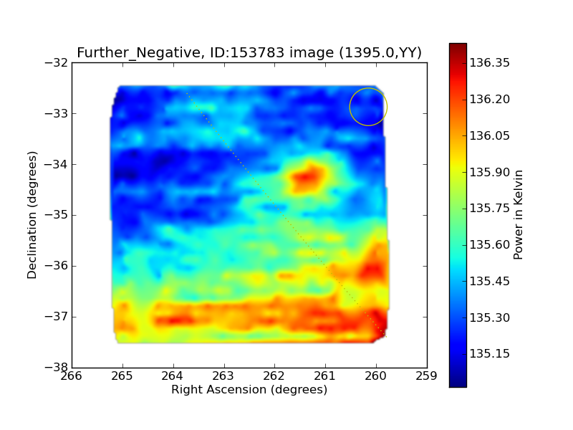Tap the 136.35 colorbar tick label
tap(489, 63)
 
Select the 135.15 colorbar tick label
tap(489, 353)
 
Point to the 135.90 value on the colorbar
tap(489, 172)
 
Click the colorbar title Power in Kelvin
tap(518, 215)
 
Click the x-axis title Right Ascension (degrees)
tap(249, 389)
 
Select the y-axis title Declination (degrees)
tap(32, 215)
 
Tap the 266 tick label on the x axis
tap(72, 376)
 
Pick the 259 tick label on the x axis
tap(426, 376)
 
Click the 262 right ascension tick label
tap(274, 376)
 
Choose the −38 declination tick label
tap(56, 367)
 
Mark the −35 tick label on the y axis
tap(56, 215)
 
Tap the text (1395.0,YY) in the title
tap(380, 53)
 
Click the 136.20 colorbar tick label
tap(489, 99)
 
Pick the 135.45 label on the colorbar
tap(489, 281)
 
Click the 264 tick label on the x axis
tap(173, 376)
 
